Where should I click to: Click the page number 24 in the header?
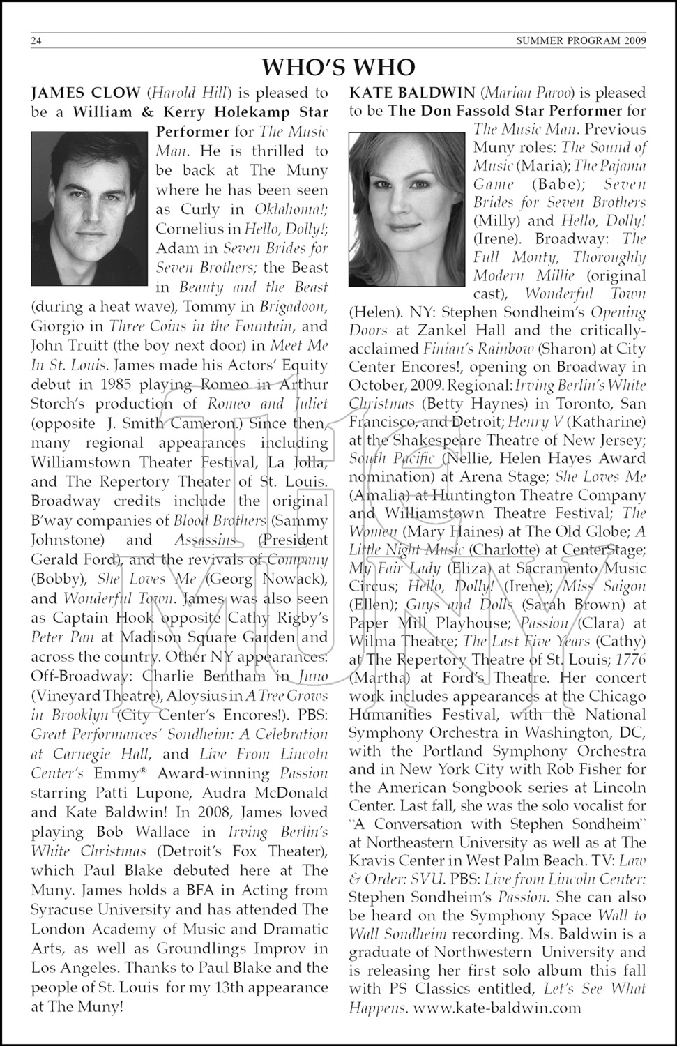37,40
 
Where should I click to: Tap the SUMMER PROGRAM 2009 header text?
581,40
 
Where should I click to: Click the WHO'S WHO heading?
338,67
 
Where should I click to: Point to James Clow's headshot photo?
89,209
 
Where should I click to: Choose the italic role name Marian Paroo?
516,93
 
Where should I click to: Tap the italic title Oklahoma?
291,209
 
